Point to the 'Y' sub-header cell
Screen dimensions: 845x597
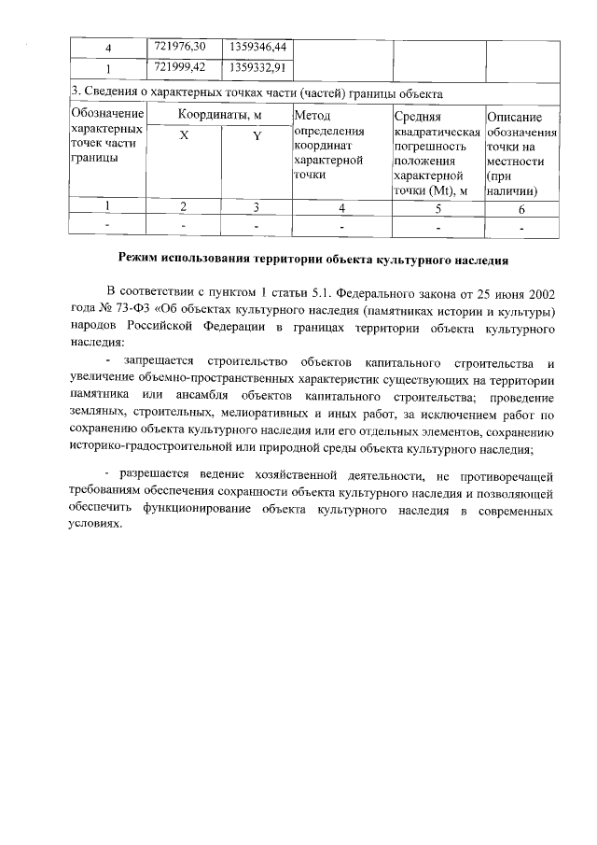tap(257, 136)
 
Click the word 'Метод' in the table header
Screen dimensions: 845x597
tap(312, 116)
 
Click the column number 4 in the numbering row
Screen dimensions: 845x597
tap(341, 207)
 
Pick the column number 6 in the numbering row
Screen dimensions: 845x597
tap(522, 207)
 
